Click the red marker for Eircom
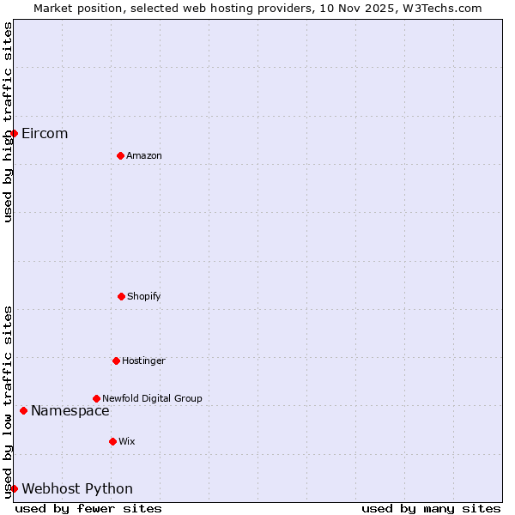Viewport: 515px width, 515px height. (x=14, y=133)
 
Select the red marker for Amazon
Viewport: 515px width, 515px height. (x=120, y=155)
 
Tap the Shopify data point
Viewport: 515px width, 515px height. (x=121, y=296)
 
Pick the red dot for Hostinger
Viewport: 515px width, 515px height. (x=116, y=360)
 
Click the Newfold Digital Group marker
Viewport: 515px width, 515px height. (x=96, y=398)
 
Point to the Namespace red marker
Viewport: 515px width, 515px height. (x=23, y=410)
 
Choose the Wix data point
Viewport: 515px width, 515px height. (x=112, y=441)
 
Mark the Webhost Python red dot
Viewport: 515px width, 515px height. (x=14, y=488)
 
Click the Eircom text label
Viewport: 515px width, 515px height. (x=45, y=133)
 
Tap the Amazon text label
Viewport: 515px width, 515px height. (x=144, y=155)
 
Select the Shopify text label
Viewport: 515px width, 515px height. (x=144, y=296)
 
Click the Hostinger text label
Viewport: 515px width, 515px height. (x=143, y=360)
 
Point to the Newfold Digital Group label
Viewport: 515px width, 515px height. (x=152, y=398)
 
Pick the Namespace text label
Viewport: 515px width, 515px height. (x=70, y=410)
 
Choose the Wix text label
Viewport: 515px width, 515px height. (x=127, y=441)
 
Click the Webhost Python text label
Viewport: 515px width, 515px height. (x=77, y=488)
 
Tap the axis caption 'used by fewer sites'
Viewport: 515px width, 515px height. (x=88, y=508)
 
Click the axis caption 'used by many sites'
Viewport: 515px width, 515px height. (x=431, y=508)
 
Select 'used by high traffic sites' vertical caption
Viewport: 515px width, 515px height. (x=8, y=122)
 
